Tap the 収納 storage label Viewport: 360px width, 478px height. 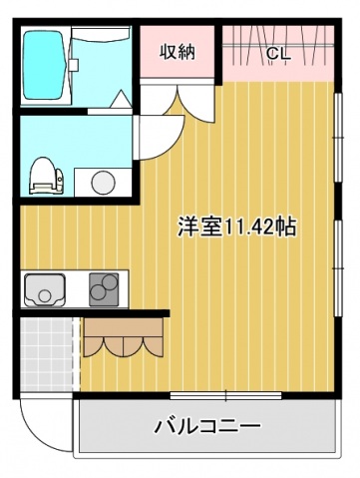179,53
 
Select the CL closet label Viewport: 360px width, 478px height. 276,54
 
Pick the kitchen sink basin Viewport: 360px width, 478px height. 48,290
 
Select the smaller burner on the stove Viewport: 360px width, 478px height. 101,278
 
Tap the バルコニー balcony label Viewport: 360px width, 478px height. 207,426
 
